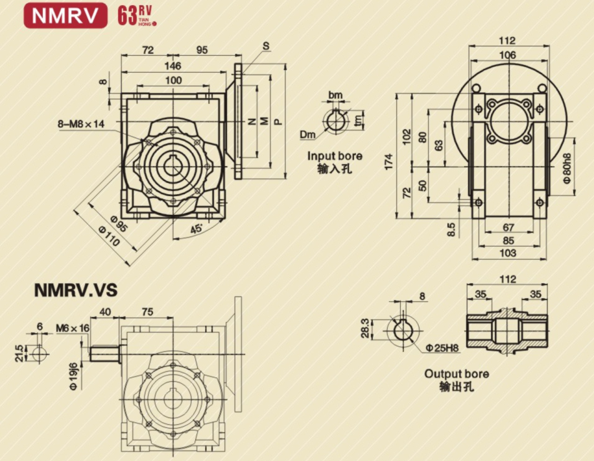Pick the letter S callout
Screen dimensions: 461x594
(x=266, y=45)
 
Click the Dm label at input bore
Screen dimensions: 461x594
(x=307, y=134)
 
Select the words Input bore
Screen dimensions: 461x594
(x=335, y=156)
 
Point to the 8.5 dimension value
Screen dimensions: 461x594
(x=451, y=229)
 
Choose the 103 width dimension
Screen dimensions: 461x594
(x=509, y=254)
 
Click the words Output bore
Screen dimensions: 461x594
(x=457, y=374)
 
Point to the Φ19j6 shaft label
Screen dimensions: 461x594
(x=73, y=376)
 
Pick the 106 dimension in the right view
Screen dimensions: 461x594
(x=508, y=55)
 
